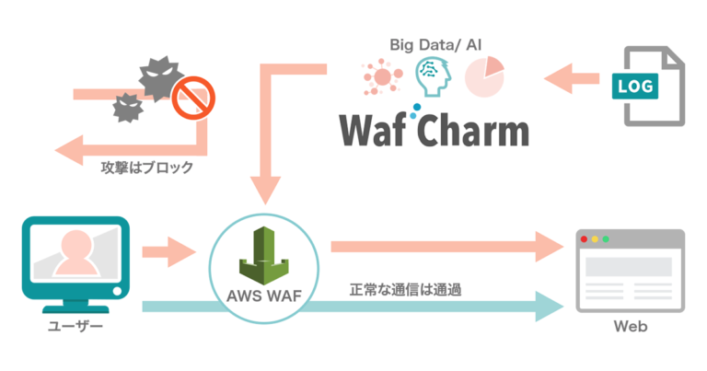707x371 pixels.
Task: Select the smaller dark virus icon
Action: pyautogui.click(x=126, y=110)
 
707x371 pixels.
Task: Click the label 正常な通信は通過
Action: pyautogui.click(x=405, y=289)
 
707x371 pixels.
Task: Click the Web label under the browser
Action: pyautogui.click(x=629, y=327)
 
